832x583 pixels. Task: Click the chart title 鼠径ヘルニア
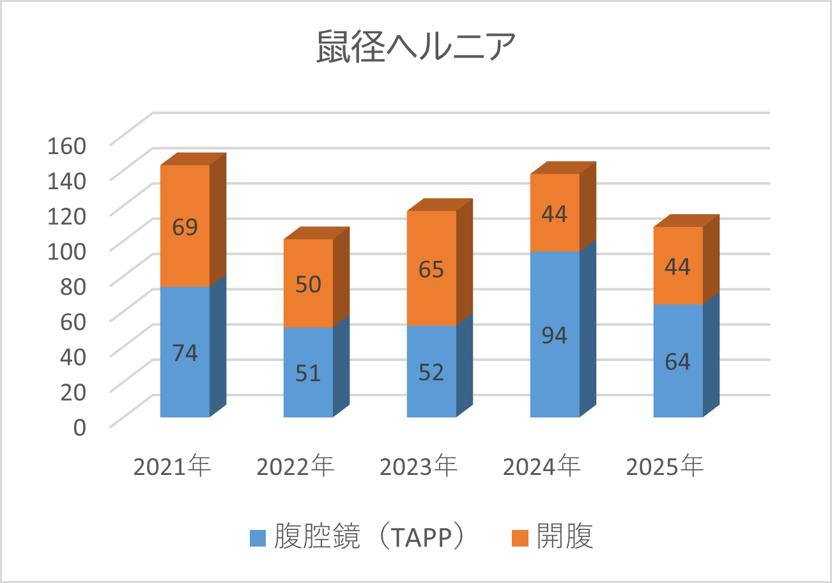pyautogui.click(x=415, y=49)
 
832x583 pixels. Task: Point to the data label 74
pyautogui.click(x=185, y=353)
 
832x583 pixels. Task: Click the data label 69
pyautogui.click(x=185, y=227)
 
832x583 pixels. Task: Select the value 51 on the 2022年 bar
pyautogui.click(x=308, y=372)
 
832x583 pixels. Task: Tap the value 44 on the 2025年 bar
pyautogui.click(x=677, y=267)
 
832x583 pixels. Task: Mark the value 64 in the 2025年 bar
pyautogui.click(x=677, y=362)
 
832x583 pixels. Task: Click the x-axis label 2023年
pyautogui.click(x=419, y=467)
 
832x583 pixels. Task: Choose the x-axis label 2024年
pyautogui.click(x=542, y=467)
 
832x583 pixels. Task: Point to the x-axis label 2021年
pyautogui.click(x=173, y=467)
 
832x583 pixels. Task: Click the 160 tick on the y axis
pyautogui.click(x=66, y=146)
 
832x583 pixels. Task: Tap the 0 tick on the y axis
pyautogui.click(x=79, y=428)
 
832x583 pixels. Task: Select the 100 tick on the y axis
pyautogui.click(x=66, y=251)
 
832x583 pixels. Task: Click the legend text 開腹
pyautogui.click(x=566, y=537)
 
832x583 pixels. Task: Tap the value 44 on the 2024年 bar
pyautogui.click(x=555, y=214)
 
